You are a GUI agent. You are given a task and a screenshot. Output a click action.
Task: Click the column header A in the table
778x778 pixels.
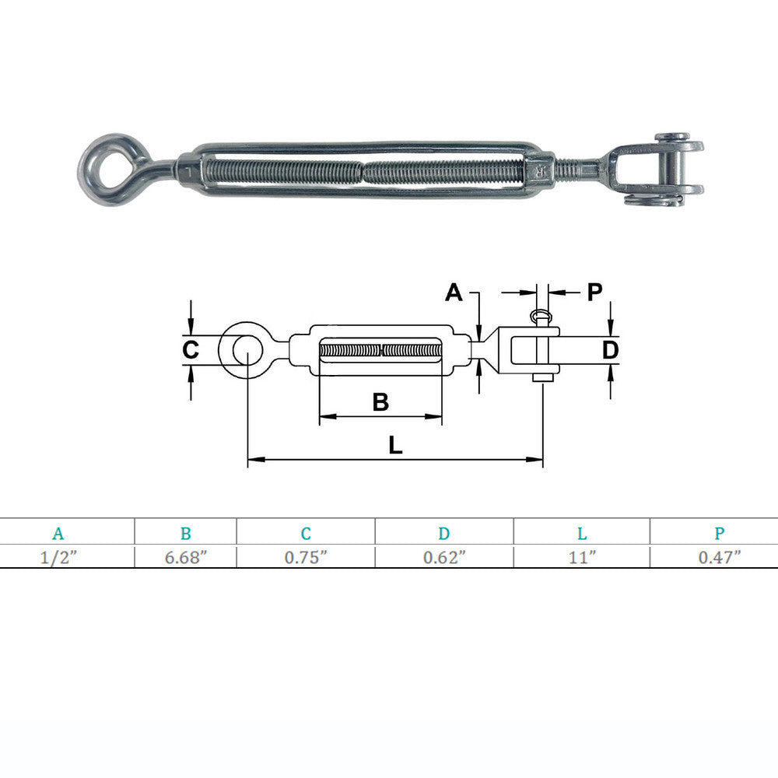tap(58, 534)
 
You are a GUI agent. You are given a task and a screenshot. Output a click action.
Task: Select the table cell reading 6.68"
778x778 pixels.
tap(186, 557)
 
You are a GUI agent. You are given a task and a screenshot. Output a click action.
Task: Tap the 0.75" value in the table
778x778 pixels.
tap(306, 557)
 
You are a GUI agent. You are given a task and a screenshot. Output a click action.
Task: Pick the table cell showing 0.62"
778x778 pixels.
tap(444, 557)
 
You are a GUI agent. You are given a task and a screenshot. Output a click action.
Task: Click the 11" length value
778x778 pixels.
tap(582, 557)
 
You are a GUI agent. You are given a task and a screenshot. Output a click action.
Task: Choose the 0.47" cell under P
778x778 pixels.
tap(720, 557)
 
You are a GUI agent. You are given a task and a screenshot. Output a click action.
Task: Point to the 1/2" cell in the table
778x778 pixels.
tap(58, 557)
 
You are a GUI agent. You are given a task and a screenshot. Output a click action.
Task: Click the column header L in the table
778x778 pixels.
tap(582, 534)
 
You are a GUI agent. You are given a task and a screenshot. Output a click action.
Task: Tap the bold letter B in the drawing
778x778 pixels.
tap(380, 402)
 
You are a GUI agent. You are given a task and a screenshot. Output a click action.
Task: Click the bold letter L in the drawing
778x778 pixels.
tap(395, 445)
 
